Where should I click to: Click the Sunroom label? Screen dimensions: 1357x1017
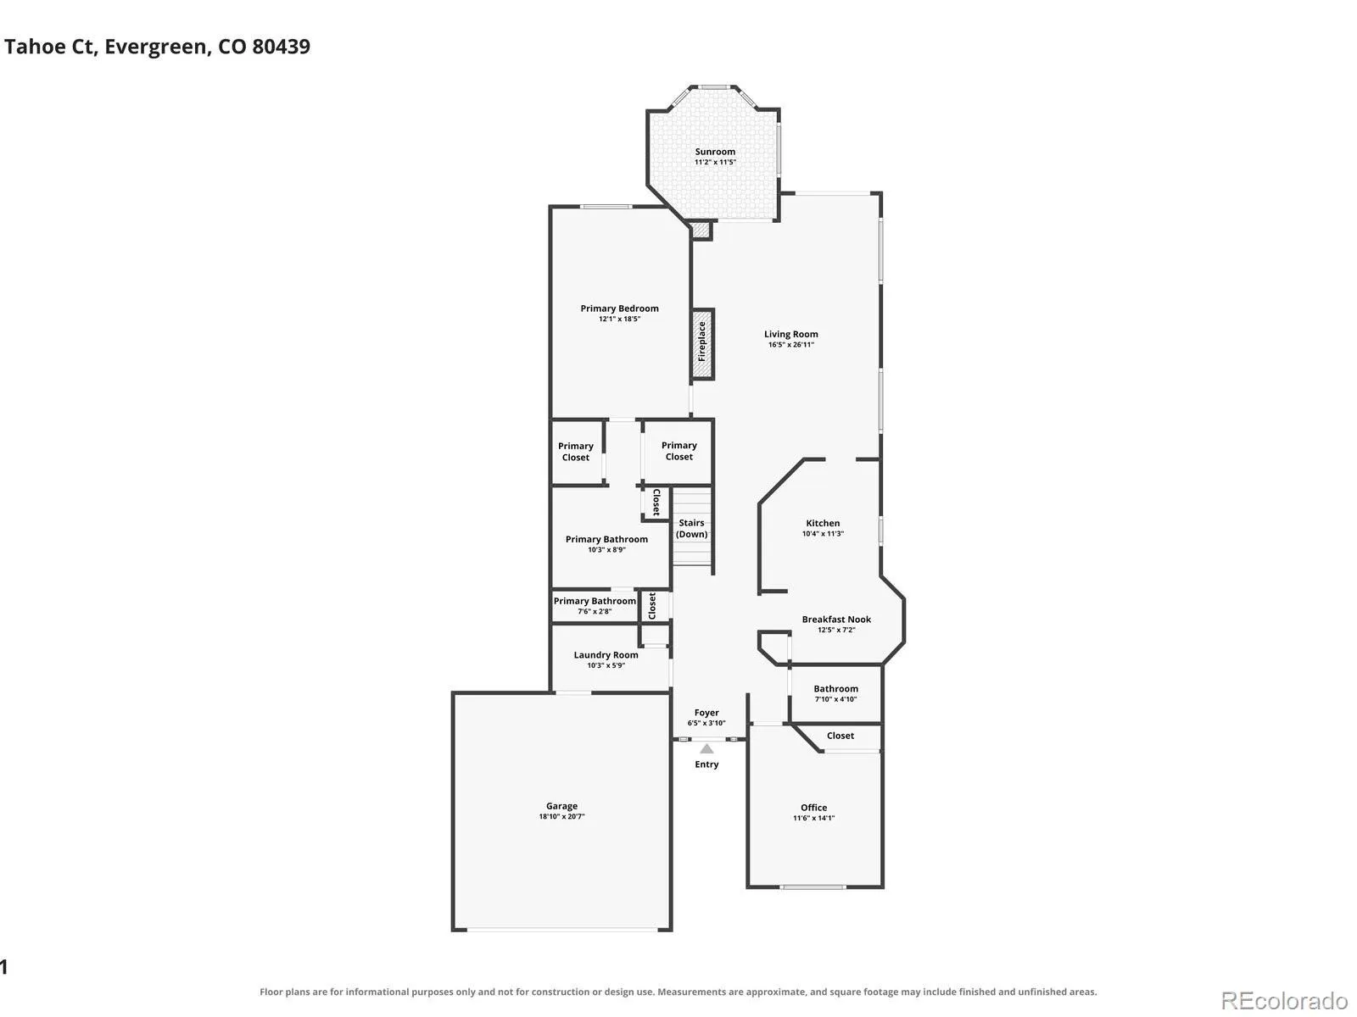[715, 152]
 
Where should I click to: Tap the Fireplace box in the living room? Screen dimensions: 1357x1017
[702, 343]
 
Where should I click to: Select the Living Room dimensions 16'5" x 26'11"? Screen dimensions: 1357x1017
[790, 345]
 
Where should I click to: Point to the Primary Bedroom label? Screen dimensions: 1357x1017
[619, 308]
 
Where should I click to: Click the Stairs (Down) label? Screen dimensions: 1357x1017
[691, 528]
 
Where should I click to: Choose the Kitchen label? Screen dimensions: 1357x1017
[822, 523]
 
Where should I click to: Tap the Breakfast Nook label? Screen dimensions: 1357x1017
[836, 619]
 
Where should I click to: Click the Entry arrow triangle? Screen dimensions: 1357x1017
[706, 748]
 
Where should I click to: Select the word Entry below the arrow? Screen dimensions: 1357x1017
[706, 764]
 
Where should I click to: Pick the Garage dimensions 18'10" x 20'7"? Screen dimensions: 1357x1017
[561, 816]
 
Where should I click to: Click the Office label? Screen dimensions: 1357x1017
[813, 807]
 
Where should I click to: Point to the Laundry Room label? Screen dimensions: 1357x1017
[606, 654]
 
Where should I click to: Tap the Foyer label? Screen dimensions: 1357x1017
[706, 712]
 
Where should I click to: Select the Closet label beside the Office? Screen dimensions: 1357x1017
[840, 736]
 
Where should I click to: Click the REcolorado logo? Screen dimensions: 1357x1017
[1284, 1000]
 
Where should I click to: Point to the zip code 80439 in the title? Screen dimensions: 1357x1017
[282, 47]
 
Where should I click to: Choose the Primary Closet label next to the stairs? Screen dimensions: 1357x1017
[678, 451]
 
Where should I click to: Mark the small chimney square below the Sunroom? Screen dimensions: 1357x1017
[701, 231]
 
